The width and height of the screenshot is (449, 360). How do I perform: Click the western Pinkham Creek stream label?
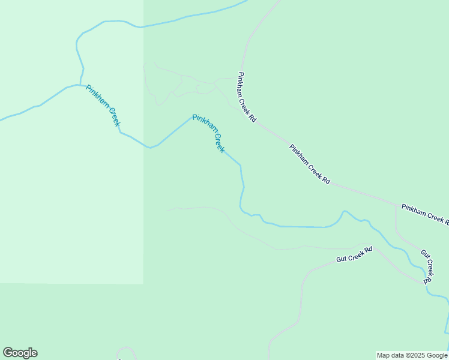click(103, 106)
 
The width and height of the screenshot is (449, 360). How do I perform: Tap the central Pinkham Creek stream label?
click(208, 133)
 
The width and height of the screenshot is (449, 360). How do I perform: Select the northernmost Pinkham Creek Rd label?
click(247, 98)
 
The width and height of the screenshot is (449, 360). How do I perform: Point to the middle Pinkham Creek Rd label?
click(310, 164)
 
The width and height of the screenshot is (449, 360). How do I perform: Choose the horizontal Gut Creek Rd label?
click(354, 254)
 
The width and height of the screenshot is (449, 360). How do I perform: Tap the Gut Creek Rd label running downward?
click(427, 266)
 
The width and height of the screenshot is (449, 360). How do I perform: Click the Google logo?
click(20, 353)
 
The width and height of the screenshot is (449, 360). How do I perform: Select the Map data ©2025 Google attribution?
click(412, 355)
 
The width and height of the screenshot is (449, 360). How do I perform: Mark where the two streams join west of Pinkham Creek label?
click(80, 85)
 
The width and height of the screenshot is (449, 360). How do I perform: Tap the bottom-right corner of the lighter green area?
click(143, 283)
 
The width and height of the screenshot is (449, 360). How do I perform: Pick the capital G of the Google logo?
click(7, 353)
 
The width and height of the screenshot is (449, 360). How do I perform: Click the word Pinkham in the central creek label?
click(202, 124)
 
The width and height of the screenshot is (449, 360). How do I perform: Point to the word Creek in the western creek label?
click(111, 116)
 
